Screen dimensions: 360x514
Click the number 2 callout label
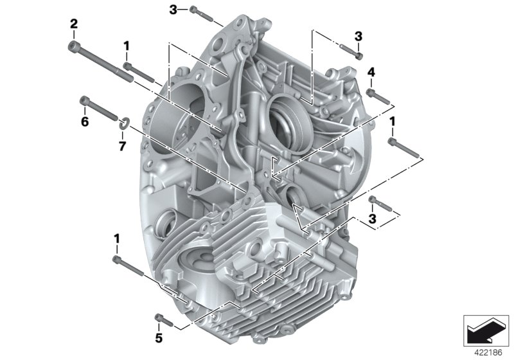click(x=74, y=24)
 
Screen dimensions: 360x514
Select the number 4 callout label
click(x=371, y=73)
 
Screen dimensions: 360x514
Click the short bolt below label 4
click(x=378, y=96)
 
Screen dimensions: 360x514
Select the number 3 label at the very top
click(x=173, y=9)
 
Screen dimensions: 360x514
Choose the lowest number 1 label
click(x=117, y=239)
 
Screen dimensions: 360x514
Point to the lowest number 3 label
click(x=372, y=220)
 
